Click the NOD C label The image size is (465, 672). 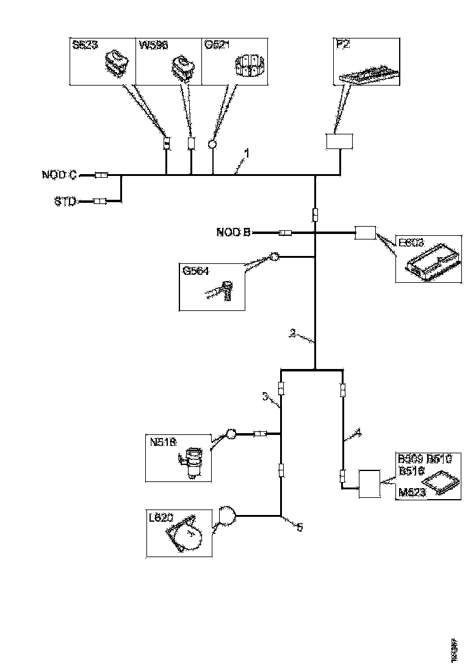point(59,175)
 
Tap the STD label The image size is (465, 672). point(63,201)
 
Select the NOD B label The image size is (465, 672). point(232,232)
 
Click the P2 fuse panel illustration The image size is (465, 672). point(369,72)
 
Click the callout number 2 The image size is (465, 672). point(294,334)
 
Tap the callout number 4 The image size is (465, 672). point(358,432)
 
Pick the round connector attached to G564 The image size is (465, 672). point(274,257)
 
